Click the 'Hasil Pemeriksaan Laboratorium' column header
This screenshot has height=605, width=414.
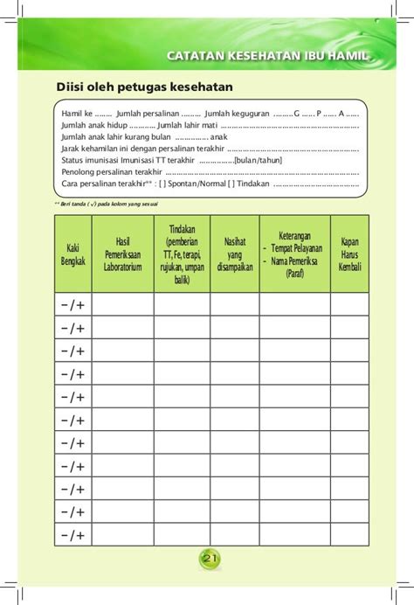tap(122, 254)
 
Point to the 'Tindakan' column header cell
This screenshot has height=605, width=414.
tap(182, 254)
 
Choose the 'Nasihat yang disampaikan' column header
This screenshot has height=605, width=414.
tap(234, 254)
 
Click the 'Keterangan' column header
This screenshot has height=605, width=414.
tap(294, 254)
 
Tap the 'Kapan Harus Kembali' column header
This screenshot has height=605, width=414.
tap(349, 254)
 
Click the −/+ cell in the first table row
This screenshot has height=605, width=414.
tap(72, 303)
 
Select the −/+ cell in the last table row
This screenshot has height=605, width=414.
tap(72, 535)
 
